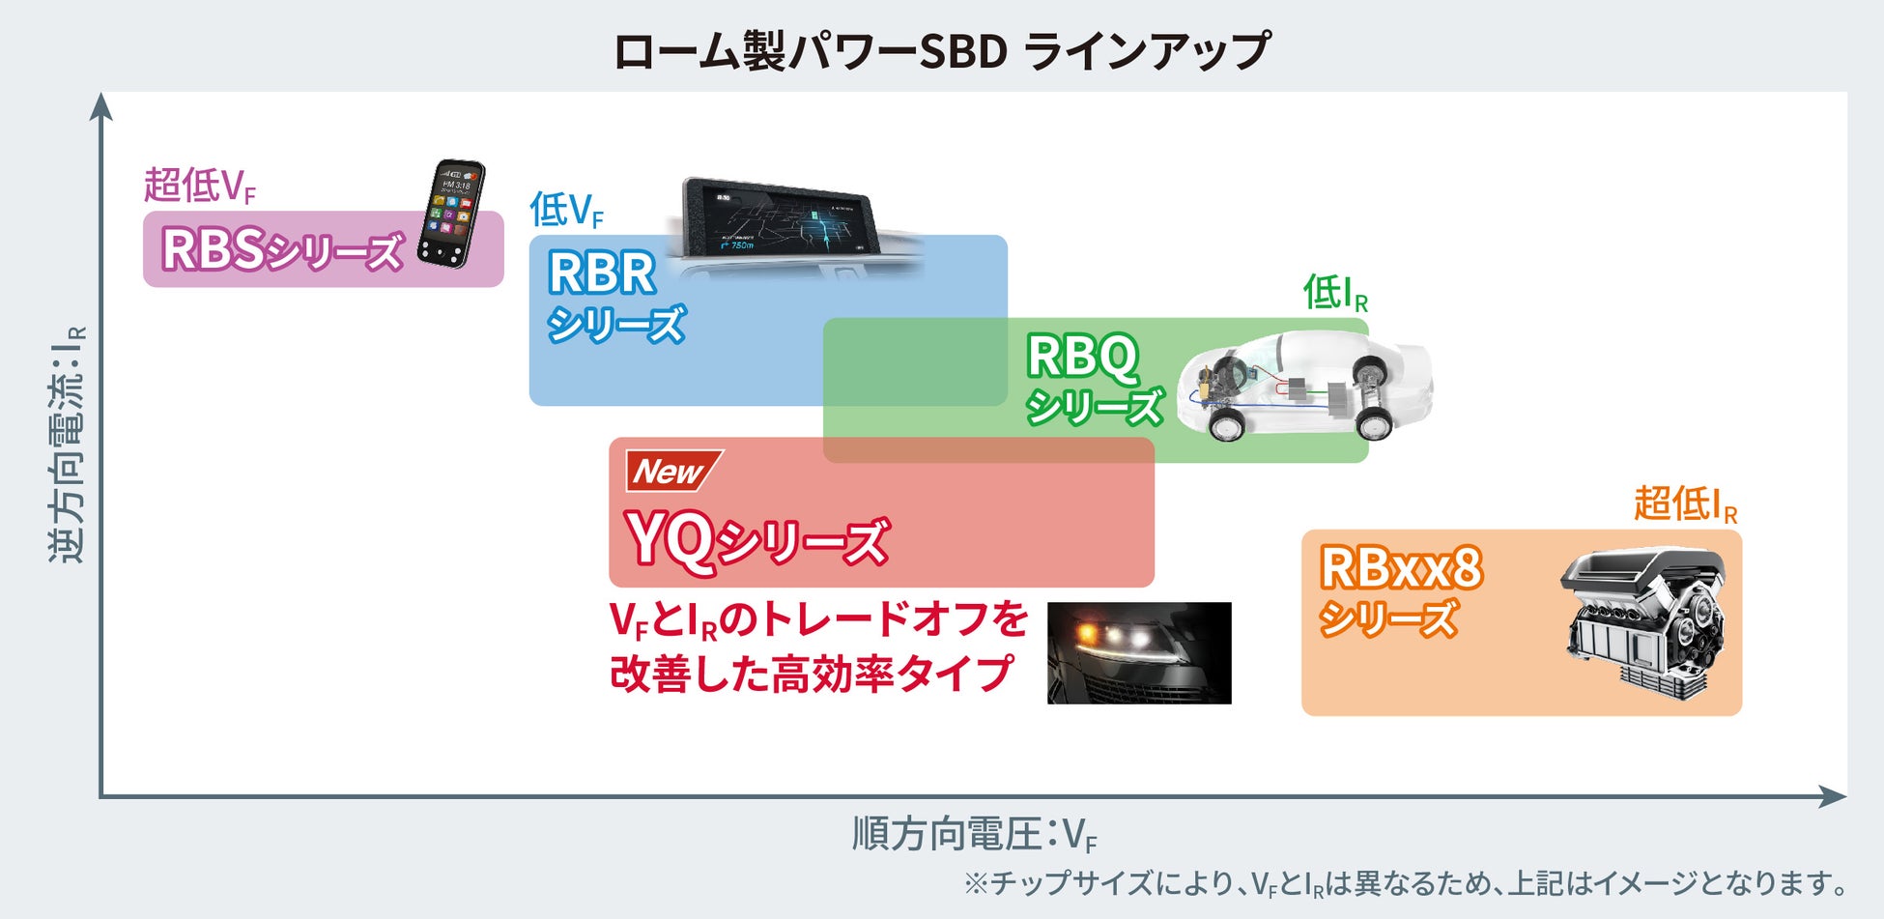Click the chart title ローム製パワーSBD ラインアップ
coord(942,50)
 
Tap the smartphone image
coord(451,214)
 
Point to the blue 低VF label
coord(566,210)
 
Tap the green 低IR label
coord(1335,292)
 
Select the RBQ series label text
coord(1093,379)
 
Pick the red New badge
coord(672,472)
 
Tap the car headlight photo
coord(1139,652)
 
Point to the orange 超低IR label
coord(1685,503)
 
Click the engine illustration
coord(1642,618)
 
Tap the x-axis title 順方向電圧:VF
coord(974,834)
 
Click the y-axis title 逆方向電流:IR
coord(68,445)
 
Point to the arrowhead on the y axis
coord(101,105)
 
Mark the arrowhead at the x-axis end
coord(1833,796)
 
